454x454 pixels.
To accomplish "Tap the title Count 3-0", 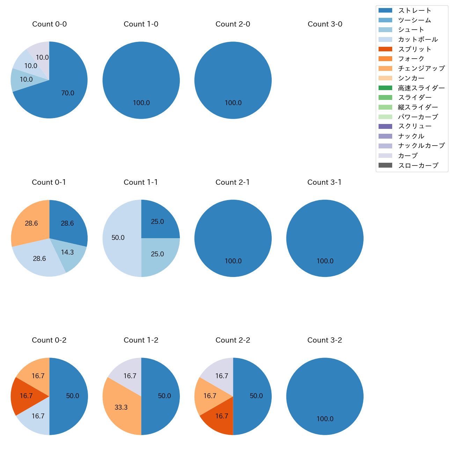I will click(325, 24).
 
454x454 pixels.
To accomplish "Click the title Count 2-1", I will click(233, 182).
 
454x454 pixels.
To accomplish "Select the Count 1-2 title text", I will click(141, 340).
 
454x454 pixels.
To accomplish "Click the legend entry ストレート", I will click(415, 10).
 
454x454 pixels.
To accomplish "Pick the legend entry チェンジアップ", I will click(421, 68).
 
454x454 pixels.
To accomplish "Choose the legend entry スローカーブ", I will click(418, 166).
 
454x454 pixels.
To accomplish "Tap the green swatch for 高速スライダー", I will click(385, 88).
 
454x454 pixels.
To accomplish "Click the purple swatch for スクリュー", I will click(385, 126).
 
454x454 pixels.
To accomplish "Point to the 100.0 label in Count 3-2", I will click(325, 419).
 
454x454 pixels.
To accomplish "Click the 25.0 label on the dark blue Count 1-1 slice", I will click(157, 222).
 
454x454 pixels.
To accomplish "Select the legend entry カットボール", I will click(418, 39).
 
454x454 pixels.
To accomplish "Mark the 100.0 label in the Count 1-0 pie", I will click(141, 103).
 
